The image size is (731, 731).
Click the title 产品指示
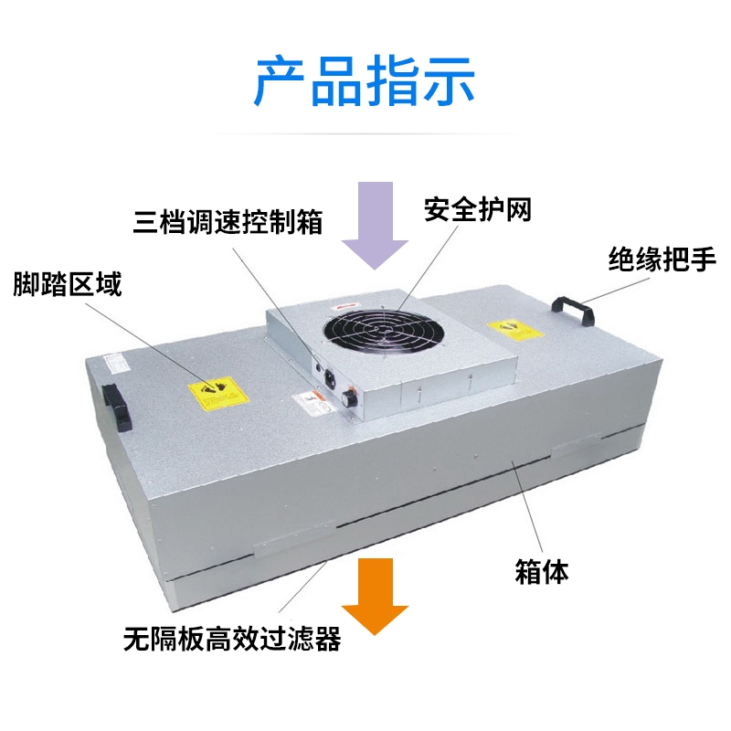365,80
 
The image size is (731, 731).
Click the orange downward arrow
375,593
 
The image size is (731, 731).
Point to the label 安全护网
478,209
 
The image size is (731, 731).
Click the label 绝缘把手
662,262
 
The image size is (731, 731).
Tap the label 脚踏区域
67,285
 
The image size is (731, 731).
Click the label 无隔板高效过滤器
232,639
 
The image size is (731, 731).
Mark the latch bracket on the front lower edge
287,546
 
